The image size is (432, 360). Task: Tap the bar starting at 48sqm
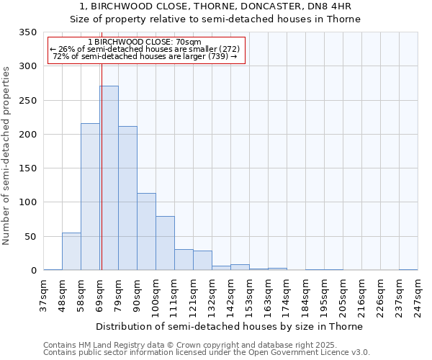coord(71,251)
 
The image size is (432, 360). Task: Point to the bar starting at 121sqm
coord(202,261)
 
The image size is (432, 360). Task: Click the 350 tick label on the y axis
coord(27,32)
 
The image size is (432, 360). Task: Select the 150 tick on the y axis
coord(27,168)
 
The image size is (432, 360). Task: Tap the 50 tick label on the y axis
coord(30,237)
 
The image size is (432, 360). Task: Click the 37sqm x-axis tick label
coord(43,295)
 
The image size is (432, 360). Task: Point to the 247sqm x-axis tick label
coord(418,295)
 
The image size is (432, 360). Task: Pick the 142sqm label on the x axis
coord(230,295)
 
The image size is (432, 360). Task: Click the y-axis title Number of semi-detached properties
coord(7,156)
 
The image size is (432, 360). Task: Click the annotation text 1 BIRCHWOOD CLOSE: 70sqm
coord(145,42)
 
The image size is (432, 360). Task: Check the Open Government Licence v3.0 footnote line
coord(207,353)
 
